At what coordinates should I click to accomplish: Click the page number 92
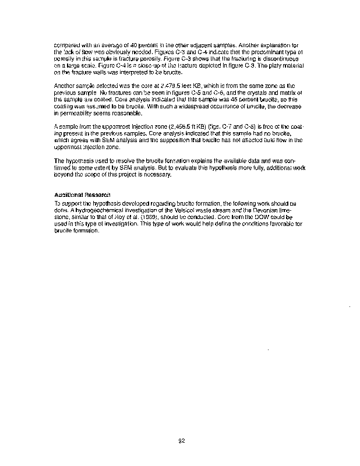point(181,440)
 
